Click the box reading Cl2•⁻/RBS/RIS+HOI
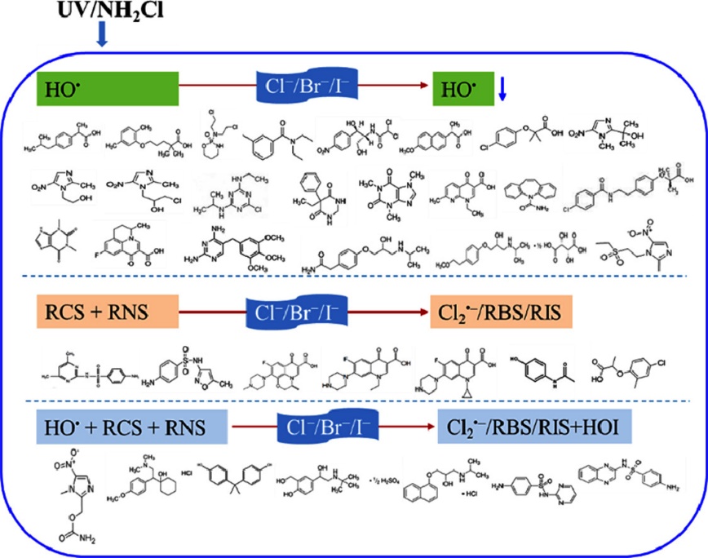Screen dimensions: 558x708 530,427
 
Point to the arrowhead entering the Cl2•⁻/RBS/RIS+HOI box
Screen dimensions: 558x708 431,425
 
